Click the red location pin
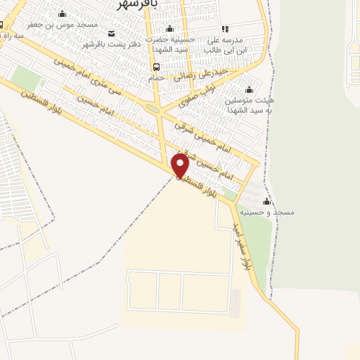pos(181,165)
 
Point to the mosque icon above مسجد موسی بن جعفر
pos(62,13)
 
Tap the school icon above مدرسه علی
pos(225,29)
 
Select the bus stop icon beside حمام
pos(155,67)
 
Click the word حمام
pos(156,78)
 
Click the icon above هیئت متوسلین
pos(247,89)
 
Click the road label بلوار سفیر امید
pos(246,247)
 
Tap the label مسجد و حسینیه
pos(268,212)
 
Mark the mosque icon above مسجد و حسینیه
pos(266,200)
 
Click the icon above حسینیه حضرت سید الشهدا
pos(169,30)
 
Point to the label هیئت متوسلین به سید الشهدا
pos(247,106)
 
